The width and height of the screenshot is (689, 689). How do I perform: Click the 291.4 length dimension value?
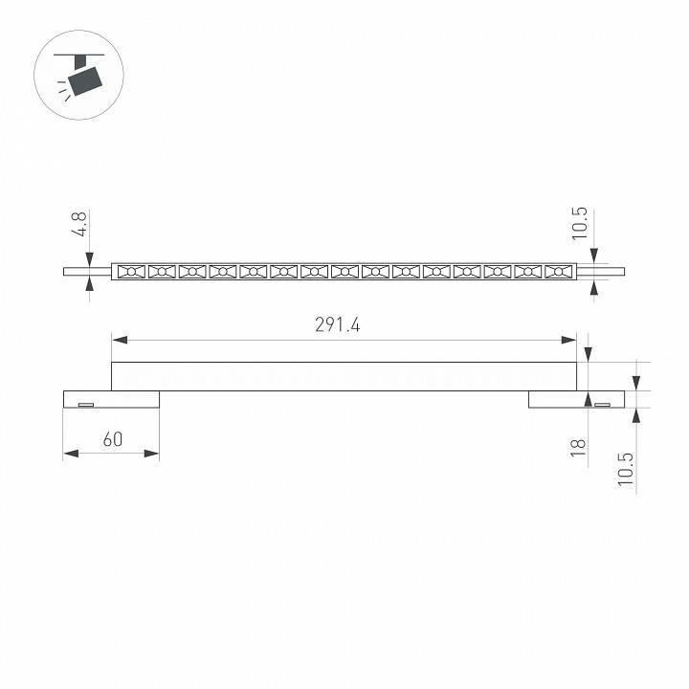[x=338, y=325]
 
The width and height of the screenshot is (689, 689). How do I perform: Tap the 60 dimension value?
[x=113, y=439]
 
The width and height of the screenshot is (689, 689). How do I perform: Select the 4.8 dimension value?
[x=80, y=223]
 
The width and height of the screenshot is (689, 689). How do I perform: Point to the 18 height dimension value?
[x=578, y=448]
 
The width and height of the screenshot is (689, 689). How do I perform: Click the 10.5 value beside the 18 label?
[x=626, y=469]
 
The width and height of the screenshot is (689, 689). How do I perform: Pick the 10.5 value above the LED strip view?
[x=580, y=224]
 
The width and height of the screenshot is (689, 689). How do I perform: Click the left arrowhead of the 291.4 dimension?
[x=120, y=340]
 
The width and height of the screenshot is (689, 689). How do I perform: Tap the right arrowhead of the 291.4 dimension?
[x=568, y=340]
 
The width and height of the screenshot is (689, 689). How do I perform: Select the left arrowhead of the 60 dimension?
[x=71, y=453]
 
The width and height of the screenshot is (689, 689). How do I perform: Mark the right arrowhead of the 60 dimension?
[x=151, y=453]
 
